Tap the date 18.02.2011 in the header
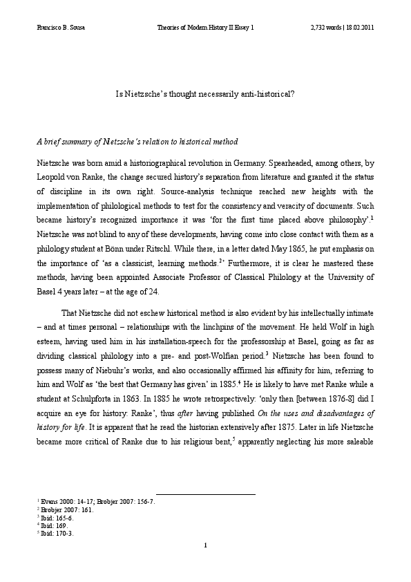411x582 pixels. [359, 28]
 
